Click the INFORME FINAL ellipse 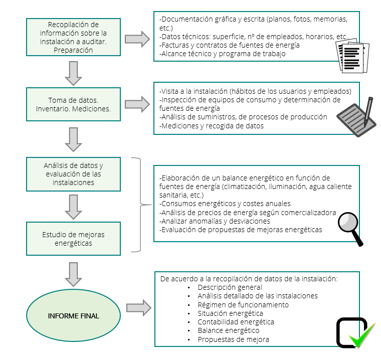[x=73, y=315]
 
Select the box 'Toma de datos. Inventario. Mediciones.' [x=73, y=104]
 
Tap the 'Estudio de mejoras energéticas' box [x=73, y=239]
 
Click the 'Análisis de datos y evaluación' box [x=73, y=174]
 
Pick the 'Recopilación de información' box [x=73, y=37]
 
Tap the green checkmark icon [x=362, y=335]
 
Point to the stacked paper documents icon [x=352, y=56]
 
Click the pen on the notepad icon [x=368, y=112]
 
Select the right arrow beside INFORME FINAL [x=139, y=308]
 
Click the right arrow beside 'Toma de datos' [x=137, y=104]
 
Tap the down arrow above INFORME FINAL [x=73, y=274]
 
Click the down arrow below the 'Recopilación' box [x=73, y=73]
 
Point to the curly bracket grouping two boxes [x=140, y=205]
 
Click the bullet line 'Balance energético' [x=229, y=330]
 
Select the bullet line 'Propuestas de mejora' [x=233, y=339]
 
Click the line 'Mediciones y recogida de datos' [x=212, y=126]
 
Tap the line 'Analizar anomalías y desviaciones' [x=215, y=221]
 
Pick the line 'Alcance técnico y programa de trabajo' [x=222, y=54]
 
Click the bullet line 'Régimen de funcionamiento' [x=243, y=305]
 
